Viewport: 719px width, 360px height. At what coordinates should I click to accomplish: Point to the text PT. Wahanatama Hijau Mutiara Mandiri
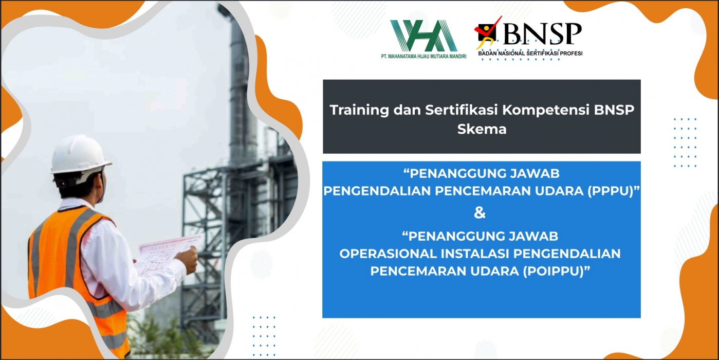421,56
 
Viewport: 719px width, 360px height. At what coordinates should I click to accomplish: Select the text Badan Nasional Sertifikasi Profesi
530,53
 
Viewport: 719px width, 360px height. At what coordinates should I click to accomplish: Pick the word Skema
482,130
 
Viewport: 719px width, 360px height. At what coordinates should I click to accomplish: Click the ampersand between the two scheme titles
480,213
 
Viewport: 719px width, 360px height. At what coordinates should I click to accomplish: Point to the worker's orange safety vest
72,267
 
